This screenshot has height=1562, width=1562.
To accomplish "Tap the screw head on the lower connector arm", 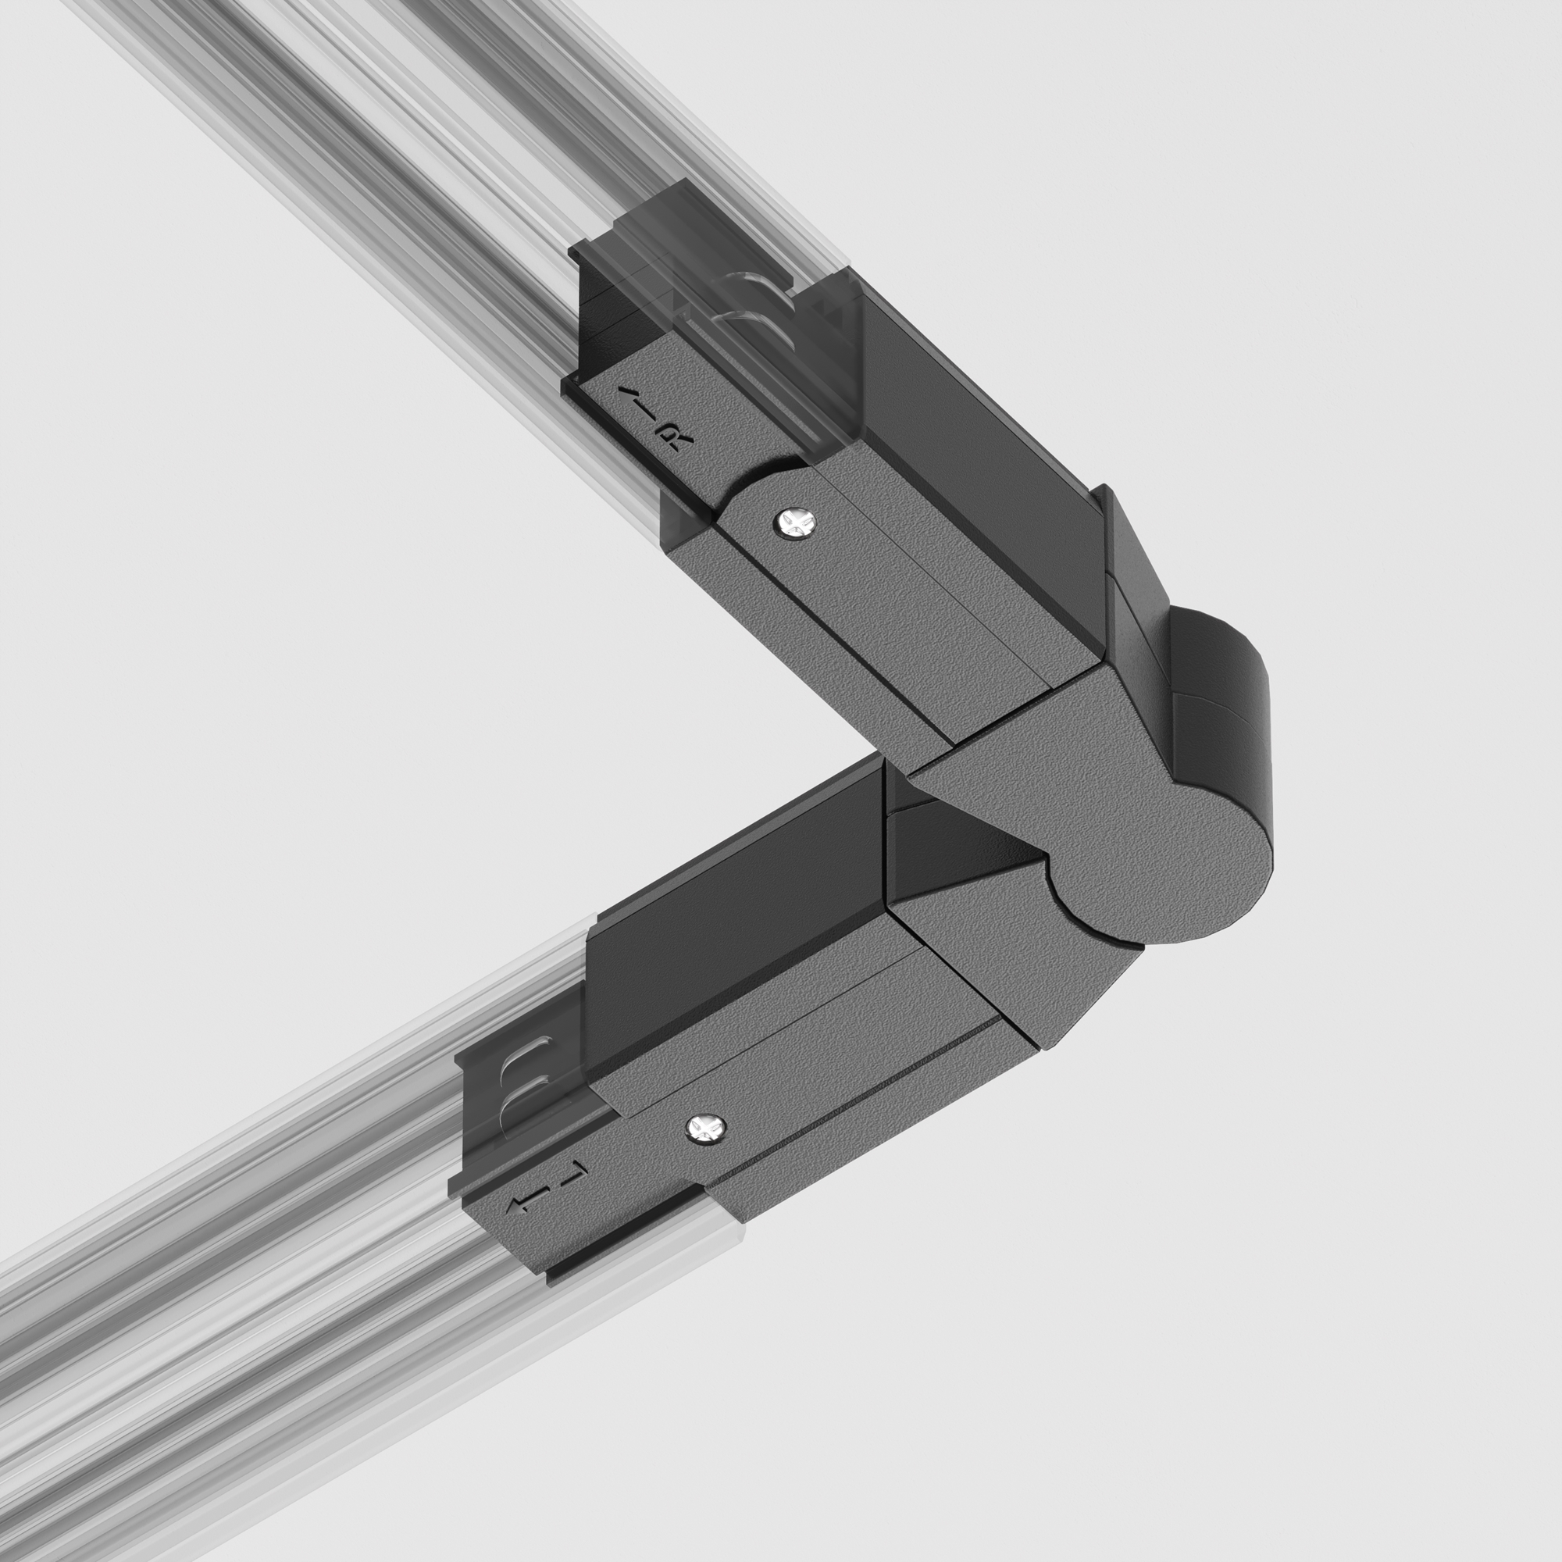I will [x=706, y=1128].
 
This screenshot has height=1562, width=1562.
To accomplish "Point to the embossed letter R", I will [x=675, y=440].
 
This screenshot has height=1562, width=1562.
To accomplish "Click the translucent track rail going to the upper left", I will [x=364, y=162].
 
